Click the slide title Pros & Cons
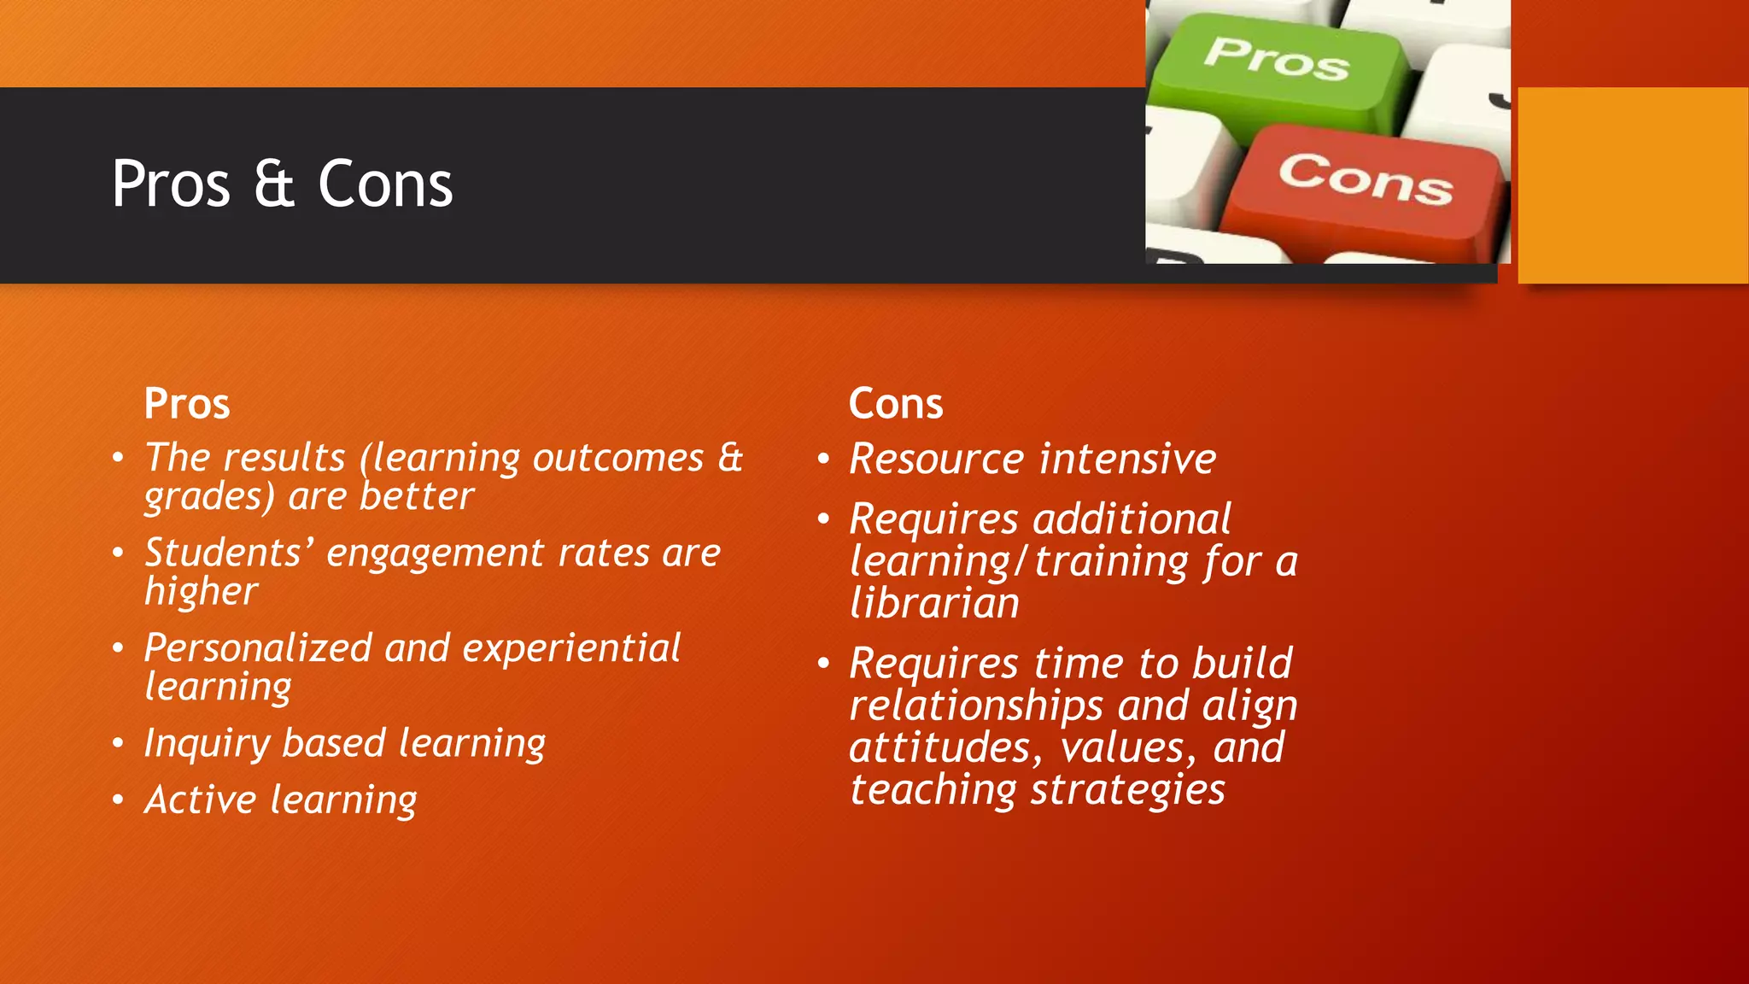pos(282,184)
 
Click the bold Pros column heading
pos(187,403)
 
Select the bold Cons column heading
pos(896,403)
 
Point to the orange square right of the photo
pos(1633,184)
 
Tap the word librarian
pos(934,603)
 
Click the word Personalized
pos(258,647)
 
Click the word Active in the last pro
pos(200,800)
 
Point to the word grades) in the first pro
pos(209,497)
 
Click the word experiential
pos(571,647)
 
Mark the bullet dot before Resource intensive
pos(823,460)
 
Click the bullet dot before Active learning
pos(118,800)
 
